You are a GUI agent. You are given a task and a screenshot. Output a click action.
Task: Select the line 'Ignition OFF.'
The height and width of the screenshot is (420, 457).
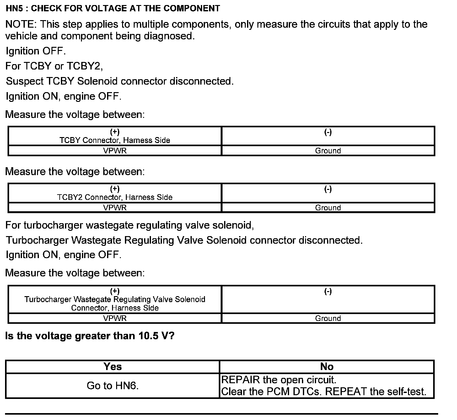pos(36,51)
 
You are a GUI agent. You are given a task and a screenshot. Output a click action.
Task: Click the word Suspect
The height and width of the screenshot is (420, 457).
pos(25,81)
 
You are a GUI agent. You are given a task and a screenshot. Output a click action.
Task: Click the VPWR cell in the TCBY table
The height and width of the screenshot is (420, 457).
pos(115,151)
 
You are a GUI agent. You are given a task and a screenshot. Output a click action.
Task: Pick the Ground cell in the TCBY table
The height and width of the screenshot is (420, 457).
pos(328,151)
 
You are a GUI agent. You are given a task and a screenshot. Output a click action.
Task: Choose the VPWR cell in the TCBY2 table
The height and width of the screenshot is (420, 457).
pos(115,207)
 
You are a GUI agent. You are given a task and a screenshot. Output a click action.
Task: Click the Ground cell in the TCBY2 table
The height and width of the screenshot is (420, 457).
pos(328,207)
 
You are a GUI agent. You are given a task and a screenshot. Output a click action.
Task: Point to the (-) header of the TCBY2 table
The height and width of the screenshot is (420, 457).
pos(328,189)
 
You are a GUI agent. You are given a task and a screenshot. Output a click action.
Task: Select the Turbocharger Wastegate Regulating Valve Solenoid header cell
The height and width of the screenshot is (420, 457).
pos(115,299)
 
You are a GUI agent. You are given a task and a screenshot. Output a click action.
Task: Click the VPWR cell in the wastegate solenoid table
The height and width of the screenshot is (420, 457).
pos(115,318)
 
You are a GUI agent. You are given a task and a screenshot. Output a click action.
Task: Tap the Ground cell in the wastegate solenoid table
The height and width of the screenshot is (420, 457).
pos(328,318)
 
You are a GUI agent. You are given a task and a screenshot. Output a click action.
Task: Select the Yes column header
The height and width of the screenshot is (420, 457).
pos(113,367)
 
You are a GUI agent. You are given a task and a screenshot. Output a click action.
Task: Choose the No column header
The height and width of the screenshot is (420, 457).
pos(327,367)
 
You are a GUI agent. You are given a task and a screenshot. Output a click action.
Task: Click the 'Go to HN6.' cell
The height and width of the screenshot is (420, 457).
pos(113,386)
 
